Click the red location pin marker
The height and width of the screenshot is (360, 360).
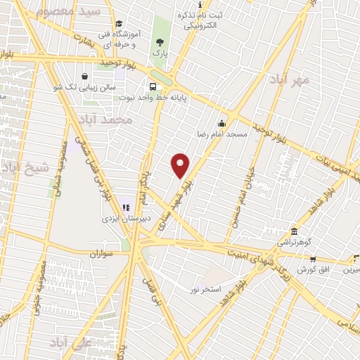[181, 165]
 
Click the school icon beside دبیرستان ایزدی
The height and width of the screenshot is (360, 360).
[126, 207]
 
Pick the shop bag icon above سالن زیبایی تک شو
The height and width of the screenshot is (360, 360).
[84, 77]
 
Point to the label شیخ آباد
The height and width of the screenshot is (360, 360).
[25, 168]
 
